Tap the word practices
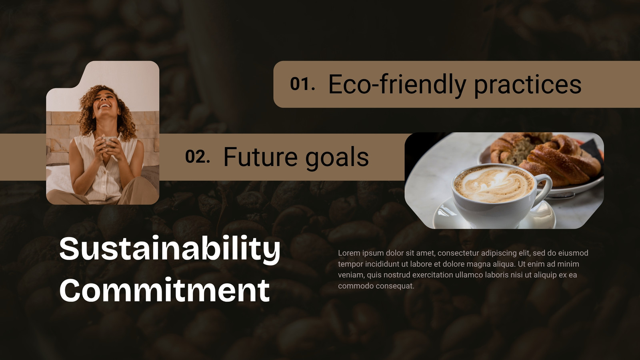(528, 86)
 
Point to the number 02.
(198, 156)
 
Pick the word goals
(337, 158)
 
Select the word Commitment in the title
(164, 290)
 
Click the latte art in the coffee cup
(494, 184)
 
